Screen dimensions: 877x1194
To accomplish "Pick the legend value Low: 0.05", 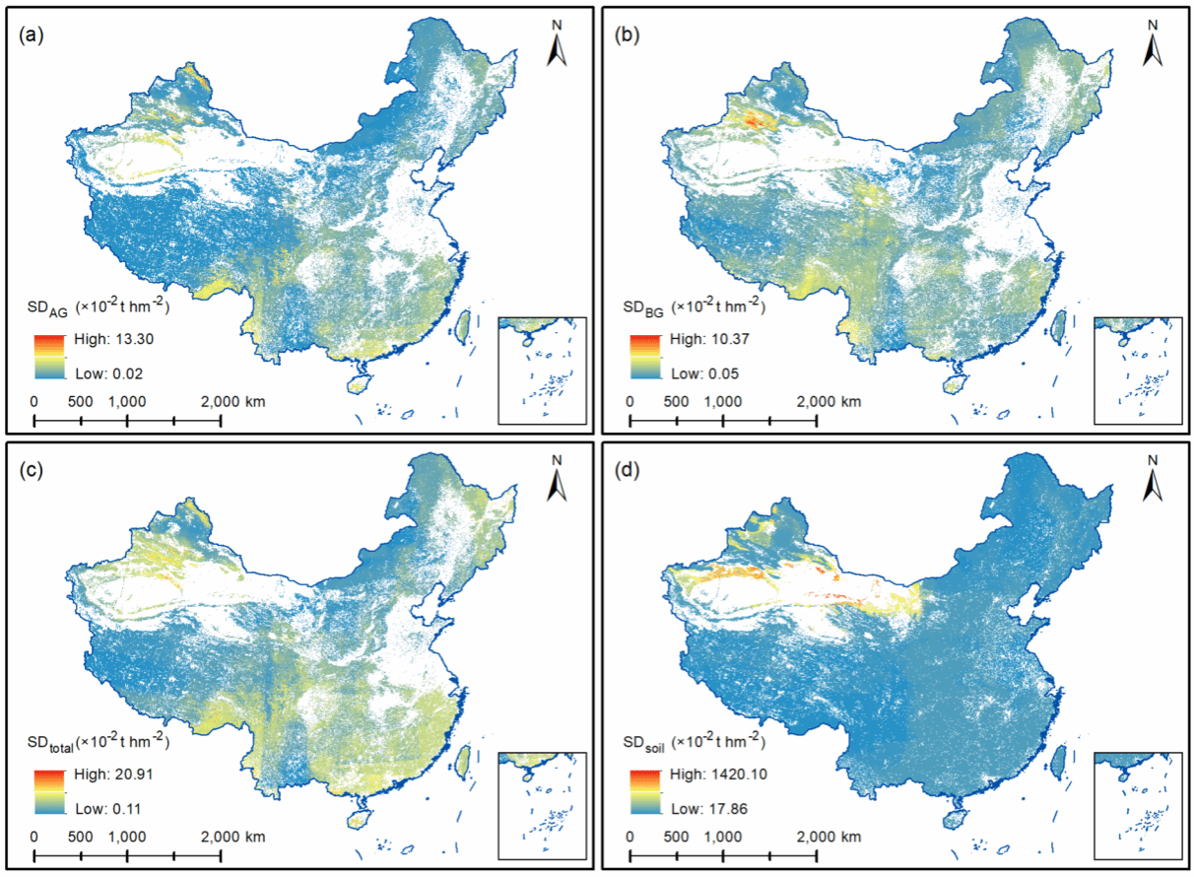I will [699, 373].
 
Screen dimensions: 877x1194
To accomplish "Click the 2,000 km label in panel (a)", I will [233, 402].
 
